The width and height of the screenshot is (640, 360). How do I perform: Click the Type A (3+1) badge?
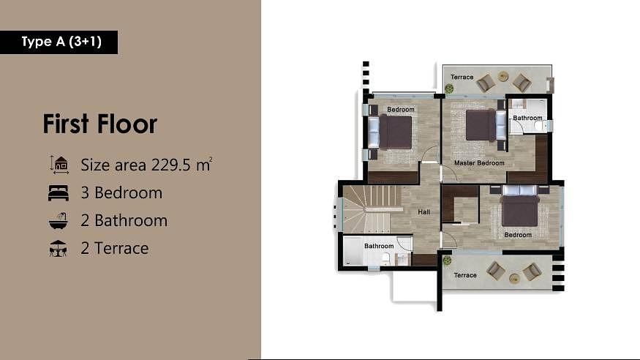[x=59, y=42]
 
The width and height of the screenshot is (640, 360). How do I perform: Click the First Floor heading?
[x=100, y=124]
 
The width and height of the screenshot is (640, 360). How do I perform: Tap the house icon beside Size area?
[x=59, y=165]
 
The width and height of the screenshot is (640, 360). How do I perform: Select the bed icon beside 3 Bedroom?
[x=59, y=192]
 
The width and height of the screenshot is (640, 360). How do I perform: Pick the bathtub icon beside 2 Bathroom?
[x=59, y=220]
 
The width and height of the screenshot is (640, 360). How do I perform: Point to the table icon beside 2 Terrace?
[x=58, y=248]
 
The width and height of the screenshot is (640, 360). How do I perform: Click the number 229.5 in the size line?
[x=171, y=165]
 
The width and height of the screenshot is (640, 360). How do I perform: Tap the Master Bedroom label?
[x=479, y=163]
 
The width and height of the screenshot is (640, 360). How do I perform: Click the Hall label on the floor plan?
[x=423, y=212]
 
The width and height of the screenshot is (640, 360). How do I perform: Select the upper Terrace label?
[x=462, y=77]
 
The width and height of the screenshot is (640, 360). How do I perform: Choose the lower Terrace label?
[x=465, y=275]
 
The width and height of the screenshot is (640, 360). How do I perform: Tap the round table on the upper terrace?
[x=503, y=76]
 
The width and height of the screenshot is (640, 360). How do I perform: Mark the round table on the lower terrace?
[x=514, y=279]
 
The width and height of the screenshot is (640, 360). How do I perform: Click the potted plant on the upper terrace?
[x=449, y=88]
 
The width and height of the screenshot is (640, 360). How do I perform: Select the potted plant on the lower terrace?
[x=448, y=260]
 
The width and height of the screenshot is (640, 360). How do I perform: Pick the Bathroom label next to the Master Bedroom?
[x=527, y=118]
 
